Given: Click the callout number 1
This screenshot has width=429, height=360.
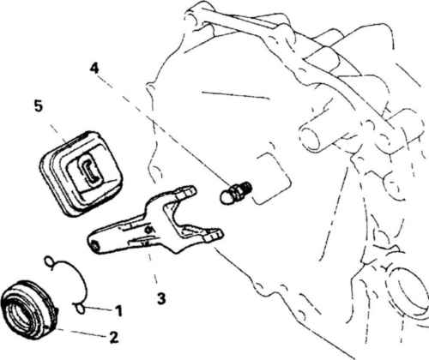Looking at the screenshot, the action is pos(118,311).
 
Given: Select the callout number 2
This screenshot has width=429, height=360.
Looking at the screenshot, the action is pos(114,337).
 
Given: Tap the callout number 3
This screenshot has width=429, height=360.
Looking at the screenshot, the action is pos(161,298).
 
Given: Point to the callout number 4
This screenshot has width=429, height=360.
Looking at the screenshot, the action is pos(94,69).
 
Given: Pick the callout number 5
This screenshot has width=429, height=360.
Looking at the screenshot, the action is pos(39,106).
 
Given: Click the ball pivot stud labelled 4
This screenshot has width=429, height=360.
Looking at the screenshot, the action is pos(236,192).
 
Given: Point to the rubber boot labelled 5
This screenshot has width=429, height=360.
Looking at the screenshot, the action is pos(79,174).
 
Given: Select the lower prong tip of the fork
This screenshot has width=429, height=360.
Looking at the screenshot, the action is pos(215,236).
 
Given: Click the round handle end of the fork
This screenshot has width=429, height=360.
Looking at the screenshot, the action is pos(94,243).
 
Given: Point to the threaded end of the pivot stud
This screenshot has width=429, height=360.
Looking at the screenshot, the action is pos(246,188).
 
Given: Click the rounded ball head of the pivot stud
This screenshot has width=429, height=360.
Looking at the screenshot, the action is pos(227,197).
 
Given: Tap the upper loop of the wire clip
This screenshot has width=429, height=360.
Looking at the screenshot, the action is pos(49,261).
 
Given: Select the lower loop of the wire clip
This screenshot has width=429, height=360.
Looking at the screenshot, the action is pos(80,308).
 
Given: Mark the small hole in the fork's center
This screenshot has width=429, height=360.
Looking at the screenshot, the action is pos(148,229).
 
